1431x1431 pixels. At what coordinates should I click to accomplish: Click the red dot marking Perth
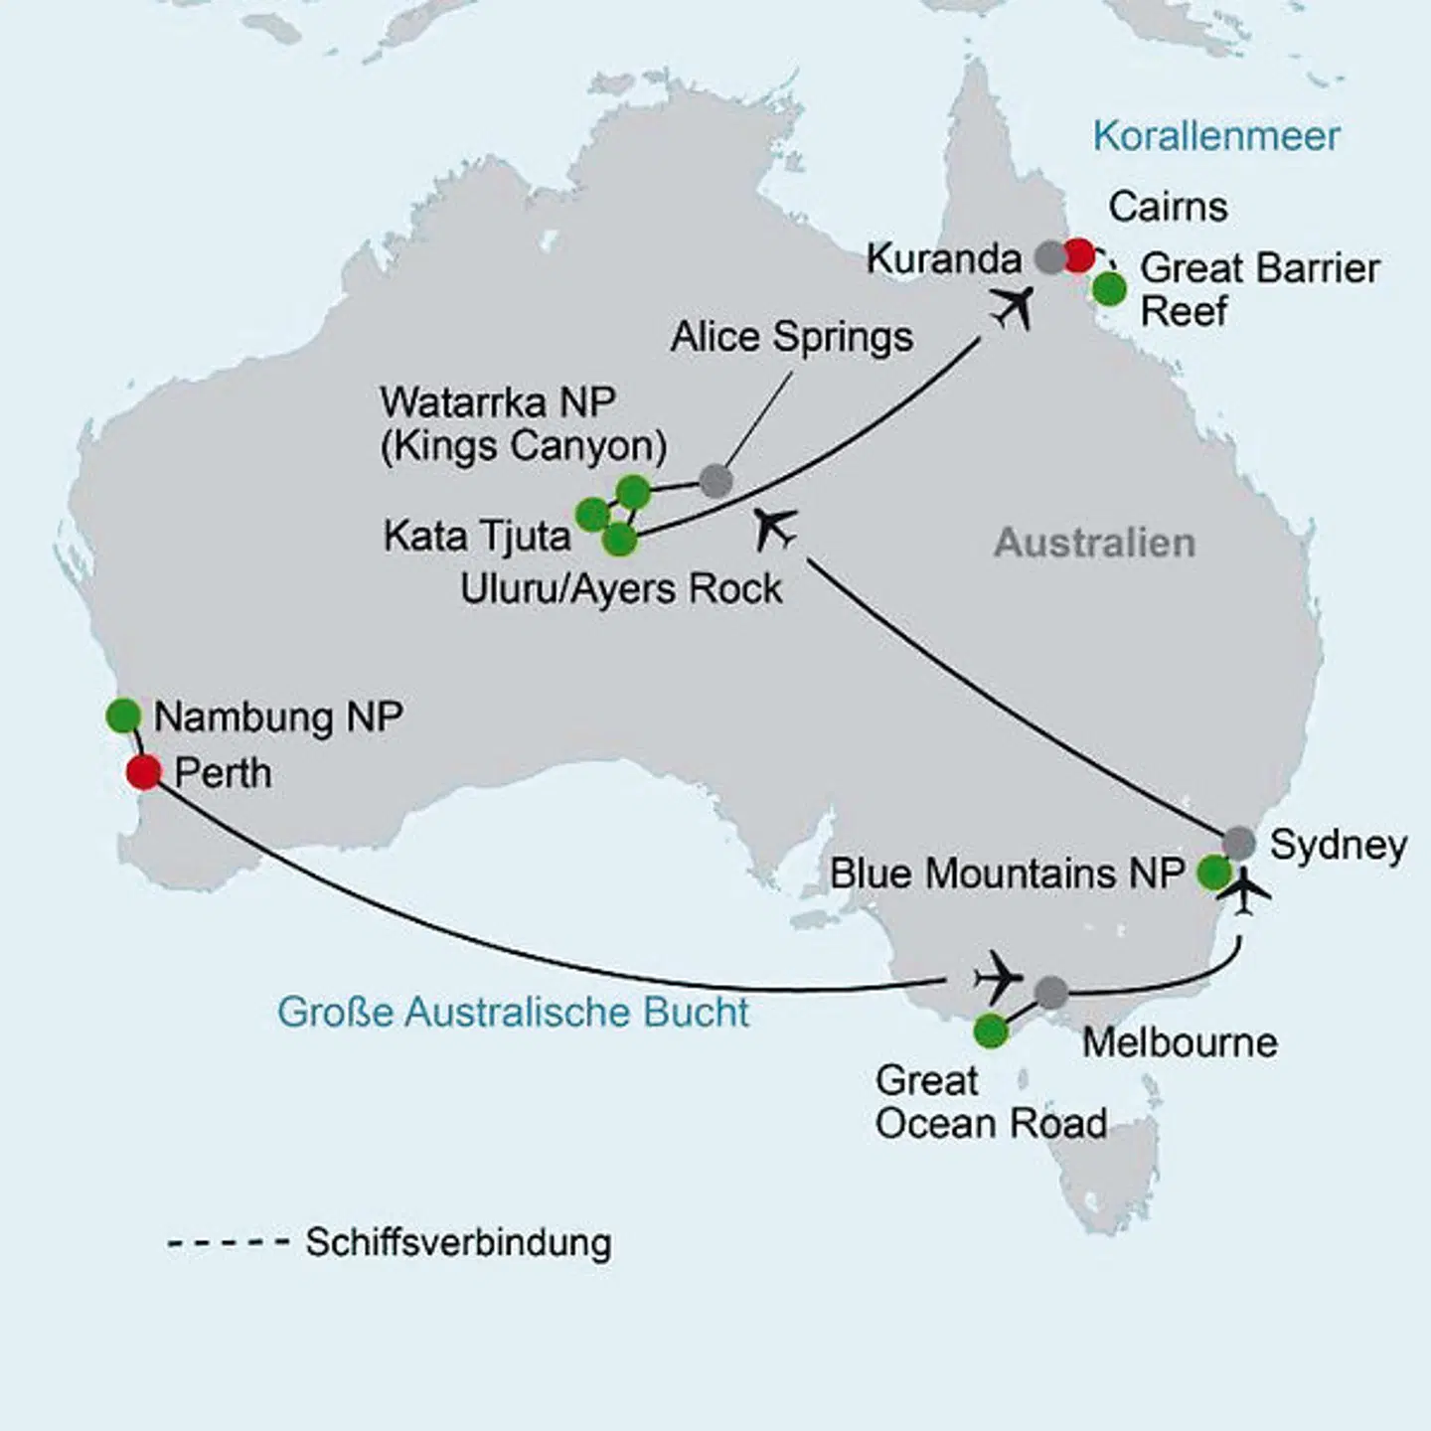[144, 771]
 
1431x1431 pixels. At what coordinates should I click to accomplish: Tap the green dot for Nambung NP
[123, 715]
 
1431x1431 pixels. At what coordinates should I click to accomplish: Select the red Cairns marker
[1078, 255]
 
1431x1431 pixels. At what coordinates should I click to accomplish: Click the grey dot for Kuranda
[1050, 257]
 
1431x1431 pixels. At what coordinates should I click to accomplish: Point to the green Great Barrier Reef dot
[1109, 289]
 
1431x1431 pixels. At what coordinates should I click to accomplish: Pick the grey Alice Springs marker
[715, 481]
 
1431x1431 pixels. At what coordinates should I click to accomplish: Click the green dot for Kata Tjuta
[592, 515]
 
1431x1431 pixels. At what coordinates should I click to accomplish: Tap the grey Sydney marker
[1238, 843]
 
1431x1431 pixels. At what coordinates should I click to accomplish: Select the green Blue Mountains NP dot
[1213, 873]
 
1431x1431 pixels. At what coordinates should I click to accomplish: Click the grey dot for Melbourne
[1050, 991]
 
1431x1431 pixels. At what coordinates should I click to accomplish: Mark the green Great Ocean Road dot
[990, 1031]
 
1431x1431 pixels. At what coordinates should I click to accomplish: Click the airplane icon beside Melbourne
[998, 977]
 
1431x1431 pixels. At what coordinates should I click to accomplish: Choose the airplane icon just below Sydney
[1248, 891]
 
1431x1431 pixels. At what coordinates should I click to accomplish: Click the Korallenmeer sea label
[1216, 136]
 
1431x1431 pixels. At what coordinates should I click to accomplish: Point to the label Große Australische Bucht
[513, 1012]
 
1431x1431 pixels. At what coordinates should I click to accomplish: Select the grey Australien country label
[1094, 543]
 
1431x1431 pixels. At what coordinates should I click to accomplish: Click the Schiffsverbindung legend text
[458, 1242]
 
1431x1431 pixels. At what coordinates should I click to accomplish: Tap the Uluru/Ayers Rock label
[621, 588]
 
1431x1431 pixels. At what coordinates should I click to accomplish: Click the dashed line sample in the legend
[228, 1243]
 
